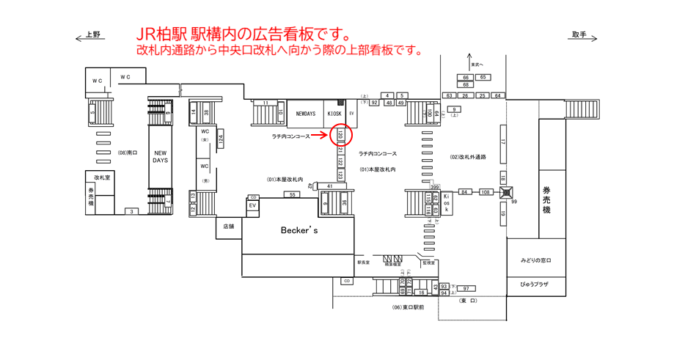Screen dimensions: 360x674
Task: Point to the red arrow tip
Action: [x=331, y=136]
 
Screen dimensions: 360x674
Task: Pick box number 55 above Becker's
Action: [x=293, y=194]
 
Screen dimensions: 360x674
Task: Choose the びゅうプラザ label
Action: [x=538, y=284]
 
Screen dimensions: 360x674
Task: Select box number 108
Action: [x=485, y=191]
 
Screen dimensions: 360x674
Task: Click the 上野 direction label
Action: [x=92, y=34]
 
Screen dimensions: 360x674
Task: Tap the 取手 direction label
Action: [x=579, y=34]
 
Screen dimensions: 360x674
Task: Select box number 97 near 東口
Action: [x=465, y=289]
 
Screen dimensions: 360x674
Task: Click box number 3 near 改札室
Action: [x=131, y=211]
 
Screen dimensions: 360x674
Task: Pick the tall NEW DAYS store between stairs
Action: [x=160, y=155]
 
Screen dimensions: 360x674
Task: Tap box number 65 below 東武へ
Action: [x=483, y=77]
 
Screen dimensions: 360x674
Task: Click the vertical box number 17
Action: [x=503, y=141]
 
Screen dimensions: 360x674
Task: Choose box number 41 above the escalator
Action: [x=331, y=187]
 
